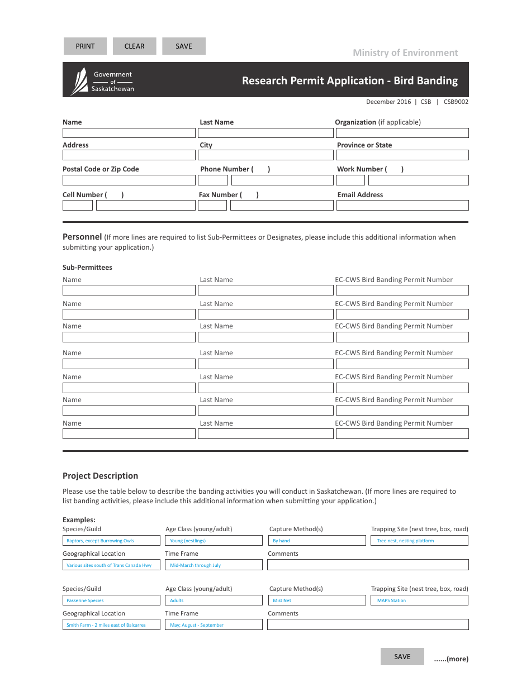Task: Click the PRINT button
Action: click(x=85, y=46)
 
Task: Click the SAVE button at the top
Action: click(x=183, y=46)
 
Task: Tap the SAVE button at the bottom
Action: click(x=402, y=657)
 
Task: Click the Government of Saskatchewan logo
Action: click(x=102, y=81)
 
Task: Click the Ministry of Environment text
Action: click(x=405, y=53)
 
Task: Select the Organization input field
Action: click(x=402, y=133)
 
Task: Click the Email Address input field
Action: click(x=402, y=206)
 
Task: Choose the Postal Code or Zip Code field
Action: click(x=129, y=180)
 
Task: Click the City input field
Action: click(x=265, y=155)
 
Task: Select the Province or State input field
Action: click(x=402, y=155)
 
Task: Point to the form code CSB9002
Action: click(x=456, y=102)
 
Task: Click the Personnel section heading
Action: click(x=82, y=237)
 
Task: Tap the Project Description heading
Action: click(x=100, y=476)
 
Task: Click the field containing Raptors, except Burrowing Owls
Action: click(x=111, y=541)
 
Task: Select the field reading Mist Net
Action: click(x=317, y=600)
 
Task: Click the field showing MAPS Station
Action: click(x=419, y=600)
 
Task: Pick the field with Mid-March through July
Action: click(x=214, y=565)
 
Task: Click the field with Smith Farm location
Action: click(x=111, y=625)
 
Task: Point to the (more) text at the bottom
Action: click(x=451, y=659)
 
